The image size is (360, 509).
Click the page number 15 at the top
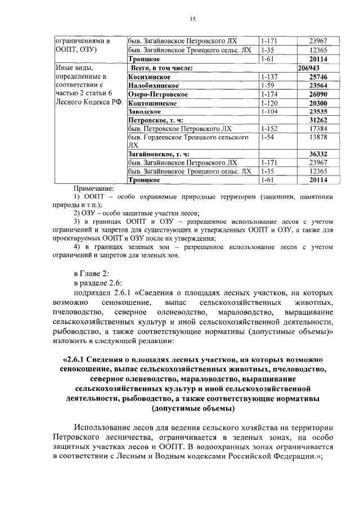[x=192, y=20]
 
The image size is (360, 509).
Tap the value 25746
[x=318, y=76]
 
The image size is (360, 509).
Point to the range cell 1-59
[x=268, y=85]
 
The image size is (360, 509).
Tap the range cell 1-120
[x=269, y=103]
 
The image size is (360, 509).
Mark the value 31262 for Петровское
[x=318, y=121]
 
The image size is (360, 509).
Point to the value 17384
[x=318, y=129]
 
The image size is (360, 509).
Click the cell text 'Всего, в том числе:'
[x=161, y=67]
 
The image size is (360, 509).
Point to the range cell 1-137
[x=269, y=76]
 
